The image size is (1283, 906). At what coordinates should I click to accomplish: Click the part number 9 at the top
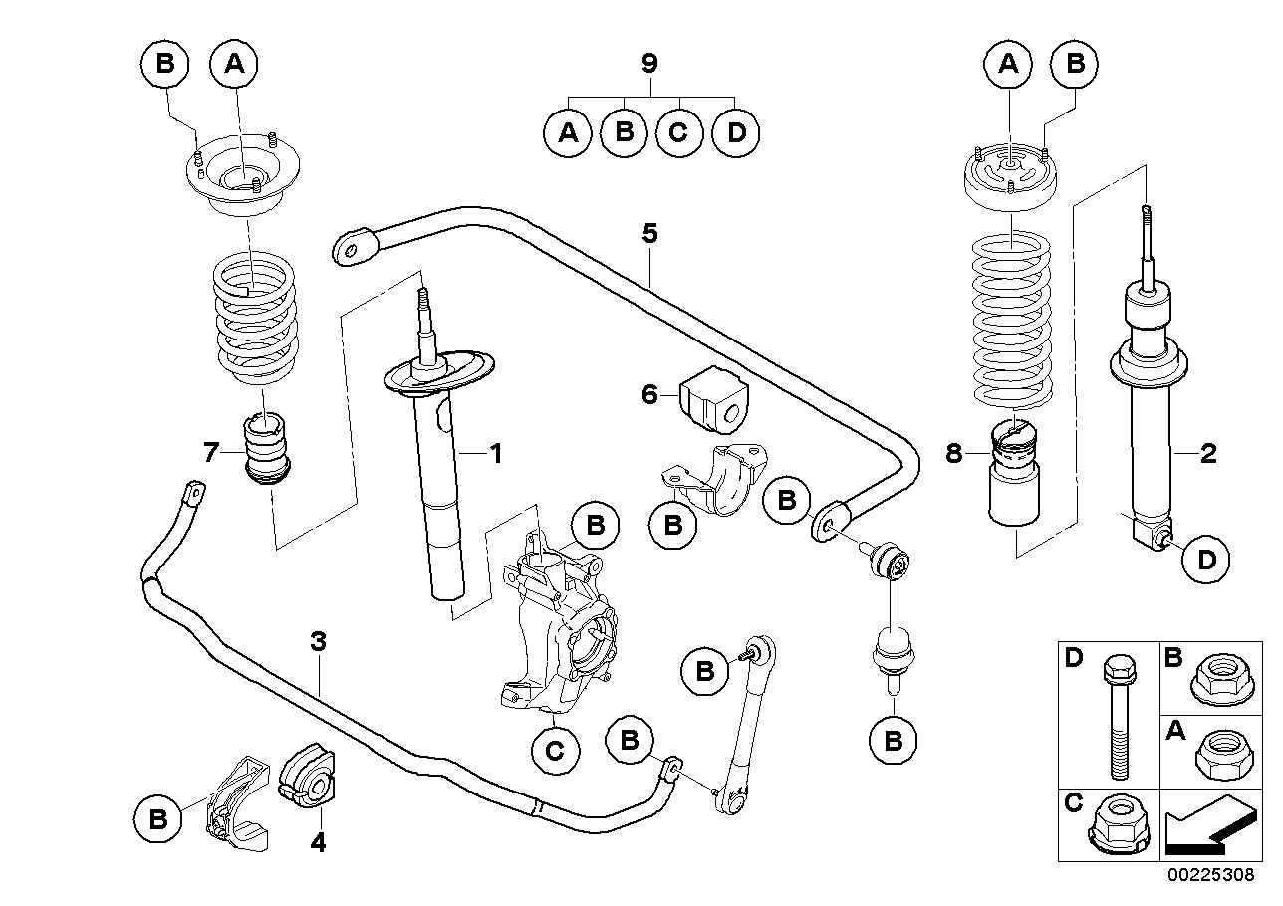click(649, 65)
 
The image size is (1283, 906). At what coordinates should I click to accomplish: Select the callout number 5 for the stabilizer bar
click(649, 234)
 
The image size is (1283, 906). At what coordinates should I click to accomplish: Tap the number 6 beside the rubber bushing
click(649, 395)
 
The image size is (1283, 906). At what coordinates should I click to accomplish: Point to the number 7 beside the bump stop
click(210, 454)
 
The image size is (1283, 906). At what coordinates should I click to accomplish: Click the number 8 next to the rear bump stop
click(953, 454)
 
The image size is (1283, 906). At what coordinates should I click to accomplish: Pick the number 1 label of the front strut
click(495, 454)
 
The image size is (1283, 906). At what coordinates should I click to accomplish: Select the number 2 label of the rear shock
click(1207, 454)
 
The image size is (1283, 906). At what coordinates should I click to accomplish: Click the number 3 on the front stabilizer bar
click(318, 642)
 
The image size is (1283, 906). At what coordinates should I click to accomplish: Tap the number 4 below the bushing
click(318, 843)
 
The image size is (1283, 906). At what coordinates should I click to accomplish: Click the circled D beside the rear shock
click(1205, 559)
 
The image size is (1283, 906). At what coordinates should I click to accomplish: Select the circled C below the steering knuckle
click(555, 750)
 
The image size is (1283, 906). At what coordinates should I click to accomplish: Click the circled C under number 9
click(678, 132)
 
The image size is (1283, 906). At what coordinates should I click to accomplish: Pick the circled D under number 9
click(735, 132)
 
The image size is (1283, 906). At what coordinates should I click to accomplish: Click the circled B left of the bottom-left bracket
click(157, 818)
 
